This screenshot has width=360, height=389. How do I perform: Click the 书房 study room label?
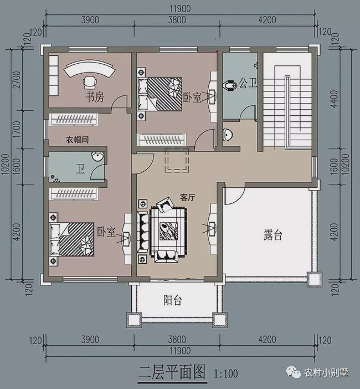[94, 98]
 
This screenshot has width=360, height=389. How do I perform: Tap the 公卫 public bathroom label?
[248, 83]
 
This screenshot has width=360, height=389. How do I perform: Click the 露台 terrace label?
[272, 235]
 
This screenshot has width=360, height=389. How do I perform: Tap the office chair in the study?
[89, 83]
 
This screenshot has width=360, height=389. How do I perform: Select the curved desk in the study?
[89, 70]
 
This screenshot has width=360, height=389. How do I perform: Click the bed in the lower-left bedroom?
[72, 239]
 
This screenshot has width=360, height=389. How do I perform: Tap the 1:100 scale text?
[226, 373]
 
